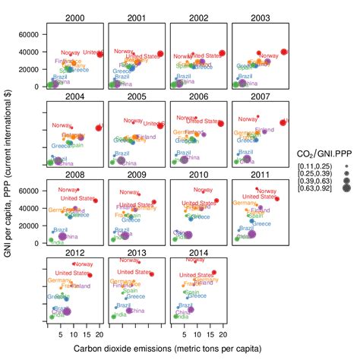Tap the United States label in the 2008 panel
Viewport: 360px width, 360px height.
click(x=77, y=198)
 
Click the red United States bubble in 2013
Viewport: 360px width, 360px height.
click(x=153, y=274)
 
